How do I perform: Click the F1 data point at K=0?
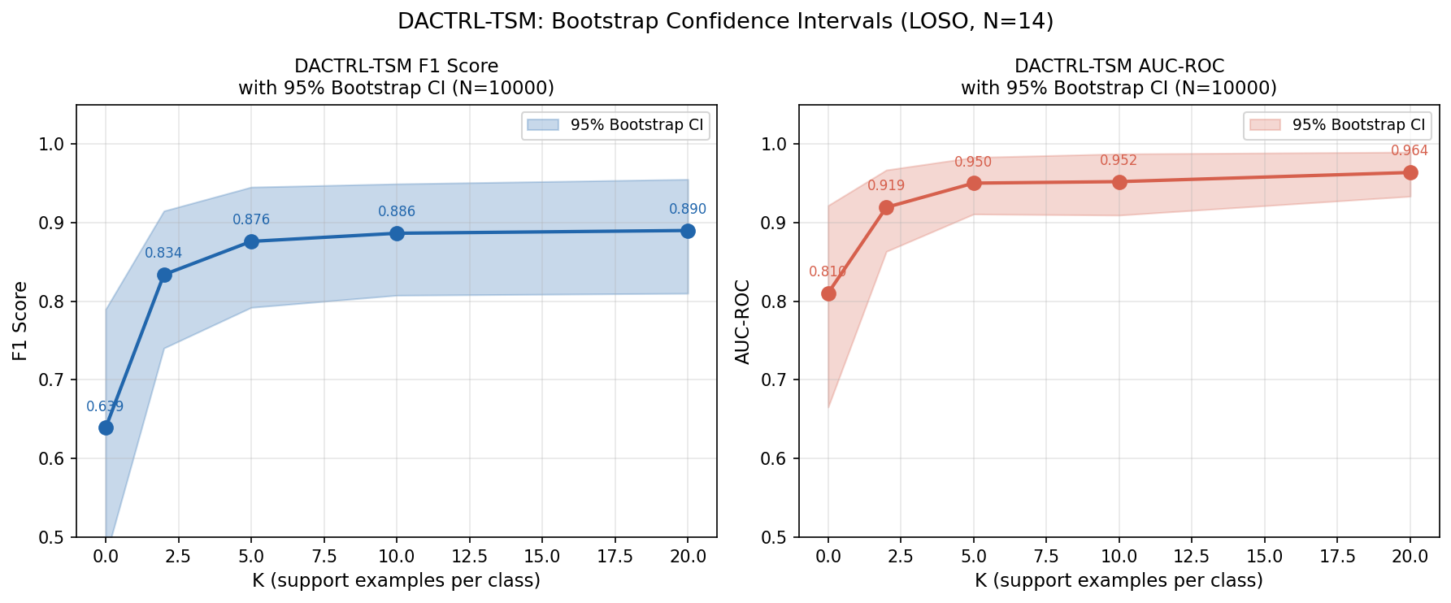click(106, 427)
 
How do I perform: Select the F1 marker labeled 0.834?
click(164, 275)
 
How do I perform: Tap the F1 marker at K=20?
click(688, 231)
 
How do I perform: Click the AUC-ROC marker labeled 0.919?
click(886, 207)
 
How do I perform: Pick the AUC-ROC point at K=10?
click(1119, 182)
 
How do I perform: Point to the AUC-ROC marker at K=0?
click(828, 293)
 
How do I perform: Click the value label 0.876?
click(251, 219)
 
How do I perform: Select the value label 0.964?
click(1410, 150)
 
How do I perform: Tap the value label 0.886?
click(397, 211)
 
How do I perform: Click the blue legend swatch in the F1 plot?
click(542, 125)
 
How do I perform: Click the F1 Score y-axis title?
click(20, 321)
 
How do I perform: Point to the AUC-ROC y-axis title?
click(743, 321)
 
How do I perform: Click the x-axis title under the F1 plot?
click(397, 580)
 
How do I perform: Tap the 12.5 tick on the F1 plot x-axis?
click(469, 557)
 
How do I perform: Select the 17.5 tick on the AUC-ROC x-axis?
click(1338, 557)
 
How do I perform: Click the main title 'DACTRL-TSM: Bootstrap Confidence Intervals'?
click(725, 22)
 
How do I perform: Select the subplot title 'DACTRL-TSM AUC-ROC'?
click(1119, 67)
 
